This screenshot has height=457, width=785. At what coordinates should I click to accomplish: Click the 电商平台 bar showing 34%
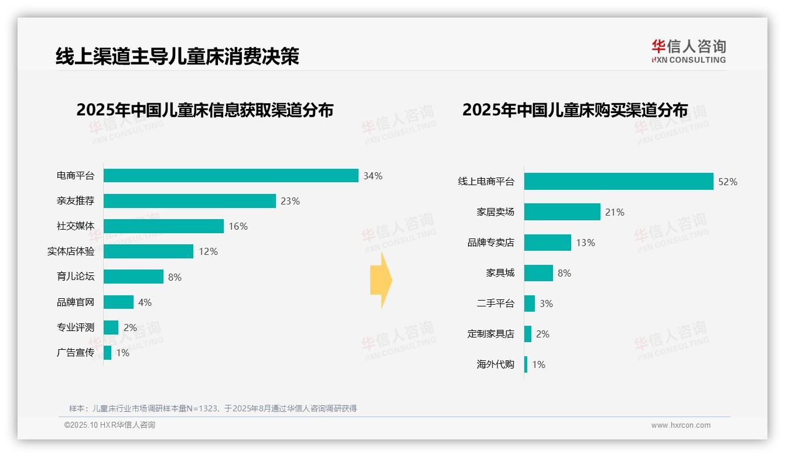click(x=231, y=176)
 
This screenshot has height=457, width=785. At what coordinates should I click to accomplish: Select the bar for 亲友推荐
click(x=190, y=201)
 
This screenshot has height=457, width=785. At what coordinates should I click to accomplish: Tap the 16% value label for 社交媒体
click(x=238, y=226)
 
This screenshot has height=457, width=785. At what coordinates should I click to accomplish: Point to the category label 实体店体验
click(x=71, y=251)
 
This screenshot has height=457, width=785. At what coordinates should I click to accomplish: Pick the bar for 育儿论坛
click(x=134, y=277)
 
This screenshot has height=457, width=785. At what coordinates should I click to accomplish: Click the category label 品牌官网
click(x=76, y=302)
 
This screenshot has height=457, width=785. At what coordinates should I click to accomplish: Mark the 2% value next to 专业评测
click(x=130, y=328)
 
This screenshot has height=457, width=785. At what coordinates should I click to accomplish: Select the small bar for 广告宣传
click(x=108, y=353)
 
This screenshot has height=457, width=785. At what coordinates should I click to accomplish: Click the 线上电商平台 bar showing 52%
click(x=619, y=182)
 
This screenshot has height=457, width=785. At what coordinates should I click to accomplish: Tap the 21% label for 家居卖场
click(x=615, y=212)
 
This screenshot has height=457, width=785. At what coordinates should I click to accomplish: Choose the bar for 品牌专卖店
click(x=548, y=243)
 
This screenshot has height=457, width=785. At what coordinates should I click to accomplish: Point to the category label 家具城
click(x=500, y=273)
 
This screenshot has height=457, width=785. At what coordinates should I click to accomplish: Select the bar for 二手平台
click(x=530, y=303)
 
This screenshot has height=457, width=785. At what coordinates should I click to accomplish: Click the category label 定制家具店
click(x=491, y=334)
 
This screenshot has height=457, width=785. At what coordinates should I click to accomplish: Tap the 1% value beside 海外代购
click(x=539, y=364)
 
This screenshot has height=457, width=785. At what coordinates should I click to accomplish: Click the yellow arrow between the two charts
click(x=381, y=280)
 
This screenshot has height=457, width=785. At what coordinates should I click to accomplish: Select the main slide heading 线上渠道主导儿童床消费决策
click(x=178, y=56)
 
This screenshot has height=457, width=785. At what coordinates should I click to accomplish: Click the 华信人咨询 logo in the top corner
click(x=689, y=52)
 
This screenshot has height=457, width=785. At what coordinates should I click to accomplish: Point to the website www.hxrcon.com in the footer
click(x=681, y=425)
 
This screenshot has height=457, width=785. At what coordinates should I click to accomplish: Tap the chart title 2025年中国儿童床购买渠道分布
click(x=575, y=110)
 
